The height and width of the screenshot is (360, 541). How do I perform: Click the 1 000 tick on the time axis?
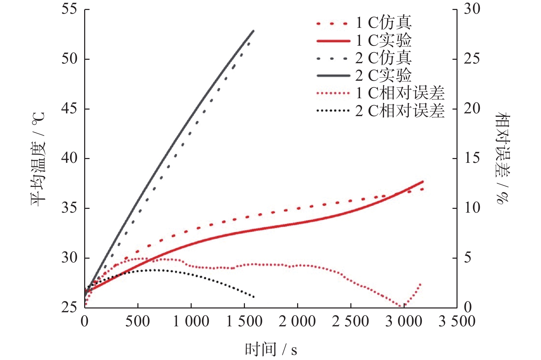(191, 322)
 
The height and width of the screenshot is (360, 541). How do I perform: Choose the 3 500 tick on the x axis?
(457, 322)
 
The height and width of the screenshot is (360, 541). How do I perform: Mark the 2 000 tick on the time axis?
(297, 322)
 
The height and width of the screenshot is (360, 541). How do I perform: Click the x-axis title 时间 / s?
(271, 349)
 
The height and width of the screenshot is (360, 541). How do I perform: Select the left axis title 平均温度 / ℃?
(38, 159)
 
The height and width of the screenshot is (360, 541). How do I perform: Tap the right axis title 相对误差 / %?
(502, 159)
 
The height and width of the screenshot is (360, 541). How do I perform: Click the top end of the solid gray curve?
(253, 31)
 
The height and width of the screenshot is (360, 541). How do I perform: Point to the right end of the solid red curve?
(423, 181)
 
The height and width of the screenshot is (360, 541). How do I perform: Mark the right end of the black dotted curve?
(254, 297)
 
